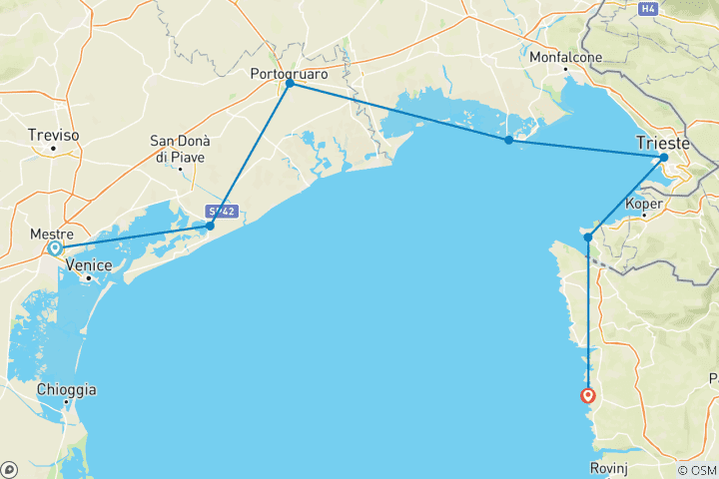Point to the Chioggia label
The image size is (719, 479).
click(x=66, y=389)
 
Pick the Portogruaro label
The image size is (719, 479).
click(x=290, y=73)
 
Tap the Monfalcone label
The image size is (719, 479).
click(x=566, y=57)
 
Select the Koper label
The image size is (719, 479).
click(x=643, y=204)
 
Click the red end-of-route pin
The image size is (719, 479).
click(x=589, y=395)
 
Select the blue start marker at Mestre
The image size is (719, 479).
click(x=56, y=247)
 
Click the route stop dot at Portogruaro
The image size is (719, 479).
click(x=290, y=84)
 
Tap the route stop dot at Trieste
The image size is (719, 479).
click(x=664, y=158)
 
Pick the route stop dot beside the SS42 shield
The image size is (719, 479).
click(x=210, y=226)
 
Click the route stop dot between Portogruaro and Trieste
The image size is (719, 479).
click(x=508, y=140)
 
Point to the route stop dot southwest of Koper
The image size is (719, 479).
click(x=589, y=237)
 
